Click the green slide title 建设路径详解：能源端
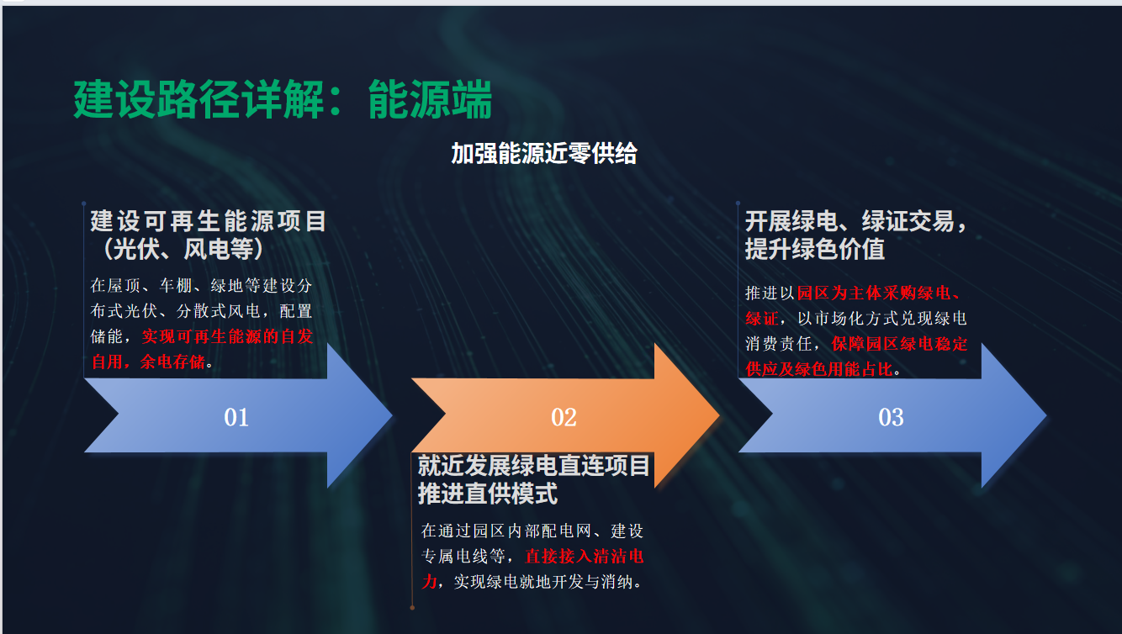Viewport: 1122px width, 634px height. [283, 100]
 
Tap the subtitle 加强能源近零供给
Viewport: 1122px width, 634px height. [544, 153]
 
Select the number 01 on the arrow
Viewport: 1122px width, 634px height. [236, 417]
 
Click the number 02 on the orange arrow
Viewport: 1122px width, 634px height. [564, 417]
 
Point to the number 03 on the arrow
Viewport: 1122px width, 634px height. [891, 417]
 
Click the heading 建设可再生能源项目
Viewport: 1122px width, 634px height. [208, 221]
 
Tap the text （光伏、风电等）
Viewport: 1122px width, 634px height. [183, 249]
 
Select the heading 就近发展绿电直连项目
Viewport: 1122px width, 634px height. [533, 466]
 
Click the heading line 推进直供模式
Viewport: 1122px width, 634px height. [487, 494]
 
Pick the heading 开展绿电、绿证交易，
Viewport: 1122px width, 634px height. [856, 221]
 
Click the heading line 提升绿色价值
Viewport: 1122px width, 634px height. [814, 249]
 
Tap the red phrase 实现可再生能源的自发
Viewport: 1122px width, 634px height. [227, 336]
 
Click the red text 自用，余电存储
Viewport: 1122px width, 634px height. [148, 362]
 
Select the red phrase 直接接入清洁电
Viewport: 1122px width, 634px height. [584, 557]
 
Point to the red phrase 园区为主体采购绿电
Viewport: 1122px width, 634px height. [874, 293]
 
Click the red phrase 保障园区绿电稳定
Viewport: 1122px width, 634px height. [899, 344]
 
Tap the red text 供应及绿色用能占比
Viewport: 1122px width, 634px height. [819, 370]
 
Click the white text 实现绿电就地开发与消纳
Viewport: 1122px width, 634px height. [543, 582]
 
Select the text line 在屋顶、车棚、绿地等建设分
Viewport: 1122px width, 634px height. [201, 285]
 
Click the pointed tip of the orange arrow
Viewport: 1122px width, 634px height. [719, 415]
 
